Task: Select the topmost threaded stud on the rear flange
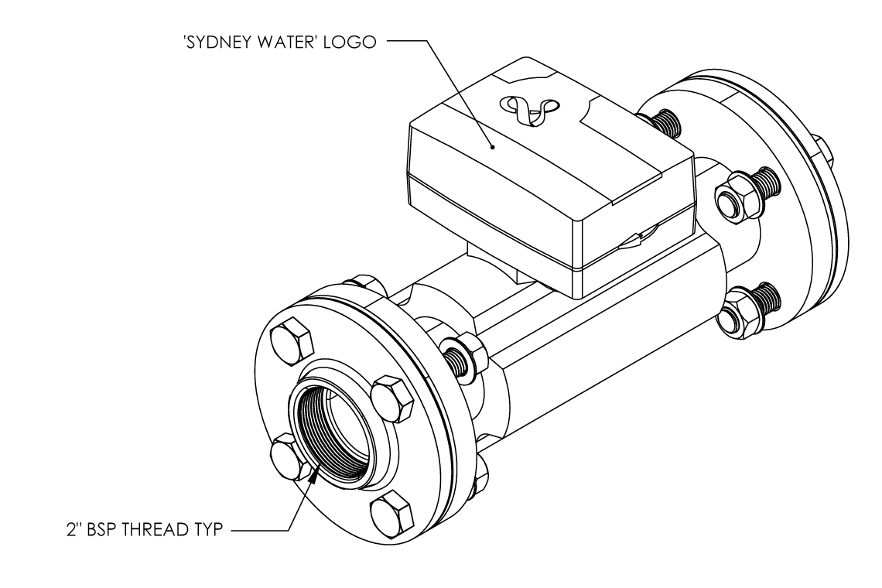pyautogui.click(x=663, y=122)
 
